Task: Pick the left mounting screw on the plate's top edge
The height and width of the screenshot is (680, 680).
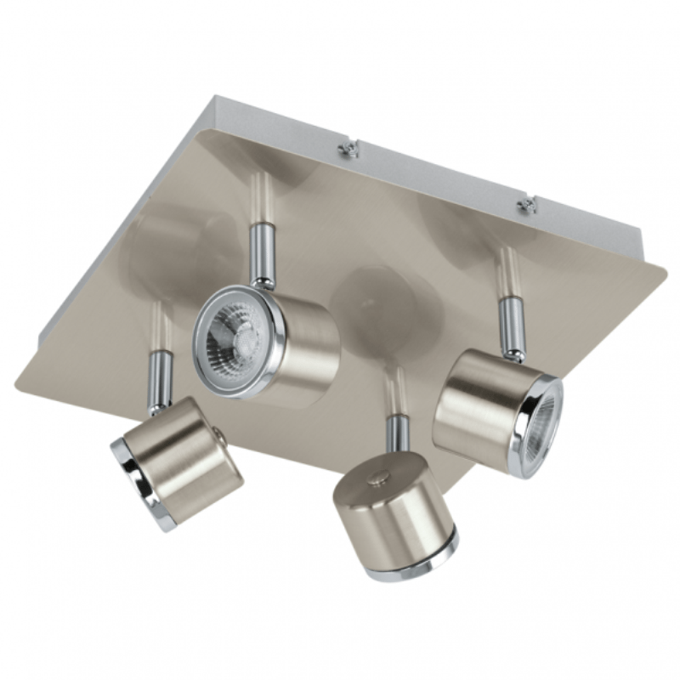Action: pyautogui.click(x=348, y=151)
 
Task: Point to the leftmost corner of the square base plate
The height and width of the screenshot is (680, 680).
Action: pyautogui.click(x=19, y=382)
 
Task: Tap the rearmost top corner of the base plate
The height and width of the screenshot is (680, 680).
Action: pyautogui.click(x=214, y=98)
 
